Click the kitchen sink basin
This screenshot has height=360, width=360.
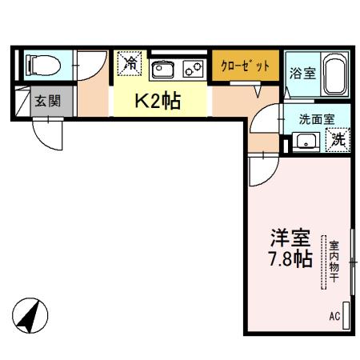pyautogui.click(x=162, y=68)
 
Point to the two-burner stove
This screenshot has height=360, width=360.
pyautogui.click(x=193, y=68)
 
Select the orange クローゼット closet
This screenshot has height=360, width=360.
pyautogui.click(x=246, y=66)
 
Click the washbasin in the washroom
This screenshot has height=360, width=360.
pyautogui.click(x=305, y=142)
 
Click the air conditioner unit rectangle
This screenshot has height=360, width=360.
pyautogui.click(x=346, y=313)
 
